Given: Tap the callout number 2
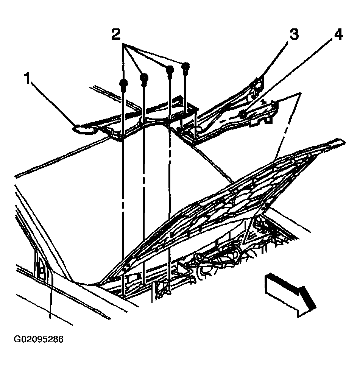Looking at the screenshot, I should (116, 35).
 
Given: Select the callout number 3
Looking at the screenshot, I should (294, 35).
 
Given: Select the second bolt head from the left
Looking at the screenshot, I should (144, 78).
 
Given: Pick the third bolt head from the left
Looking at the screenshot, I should (170, 70).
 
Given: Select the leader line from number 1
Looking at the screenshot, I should (53, 102).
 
